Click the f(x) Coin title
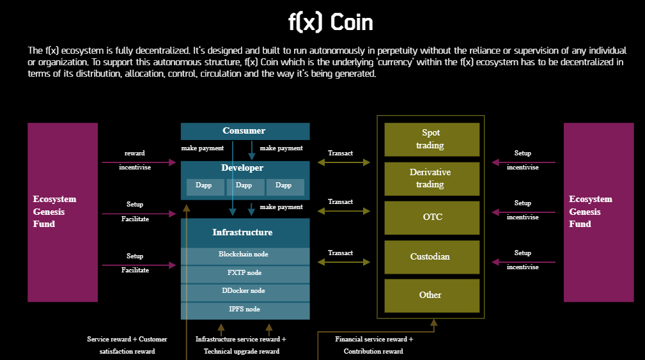tap(330, 22)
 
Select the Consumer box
tap(245, 131)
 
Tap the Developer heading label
tap(242, 168)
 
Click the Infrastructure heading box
tap(245, 233)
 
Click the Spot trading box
tap(432, 139)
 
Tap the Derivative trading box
tap(432, 178)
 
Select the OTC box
tap(432, 217)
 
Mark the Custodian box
tap(432, 257)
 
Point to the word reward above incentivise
tap(134, 153)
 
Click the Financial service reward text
tap(374, 339)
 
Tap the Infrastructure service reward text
tap(240, 339)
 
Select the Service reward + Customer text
tap(127, 339)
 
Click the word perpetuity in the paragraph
tap(397, 51)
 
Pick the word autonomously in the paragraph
tap(337, 51)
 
